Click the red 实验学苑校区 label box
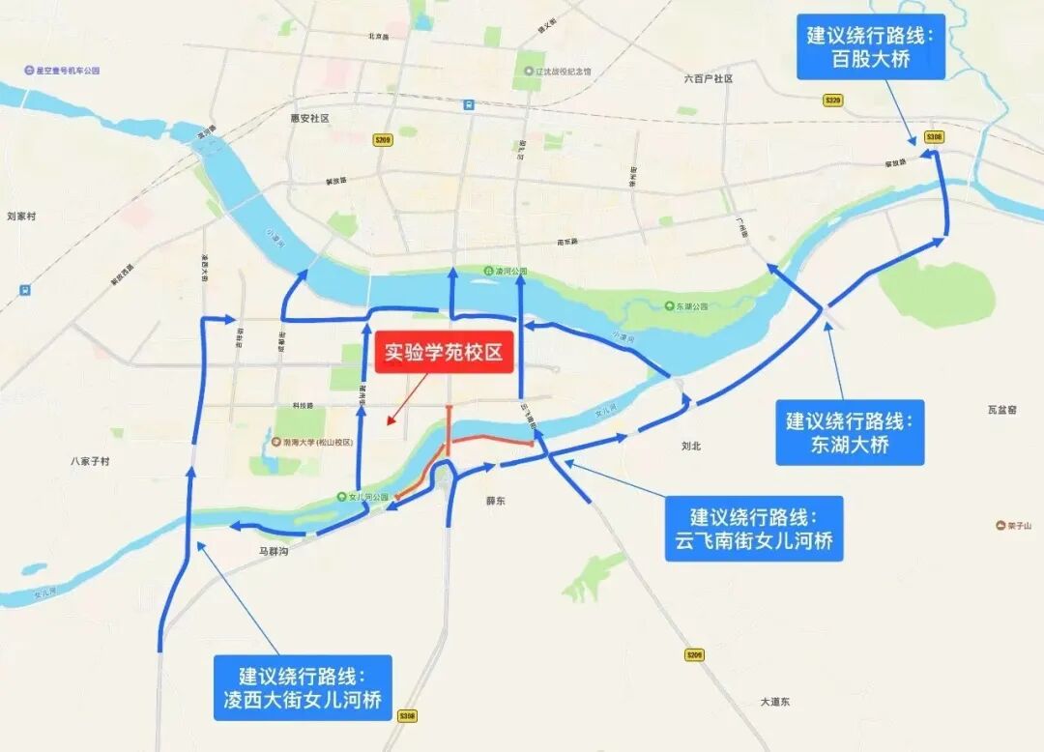pos(444,354)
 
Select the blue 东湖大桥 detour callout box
pos(850,432)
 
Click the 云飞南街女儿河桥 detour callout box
pos(754,528)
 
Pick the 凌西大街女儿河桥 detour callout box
pos(304,686)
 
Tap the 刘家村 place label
pos(20,217)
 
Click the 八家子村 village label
pos(90,462)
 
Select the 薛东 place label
pos(496,501)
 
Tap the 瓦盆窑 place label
pos(1001,410)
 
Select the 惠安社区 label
pos(309,118)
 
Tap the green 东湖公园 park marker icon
pos(669,306)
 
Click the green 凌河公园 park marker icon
pos(488,272)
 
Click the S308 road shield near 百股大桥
pos(933,137)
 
